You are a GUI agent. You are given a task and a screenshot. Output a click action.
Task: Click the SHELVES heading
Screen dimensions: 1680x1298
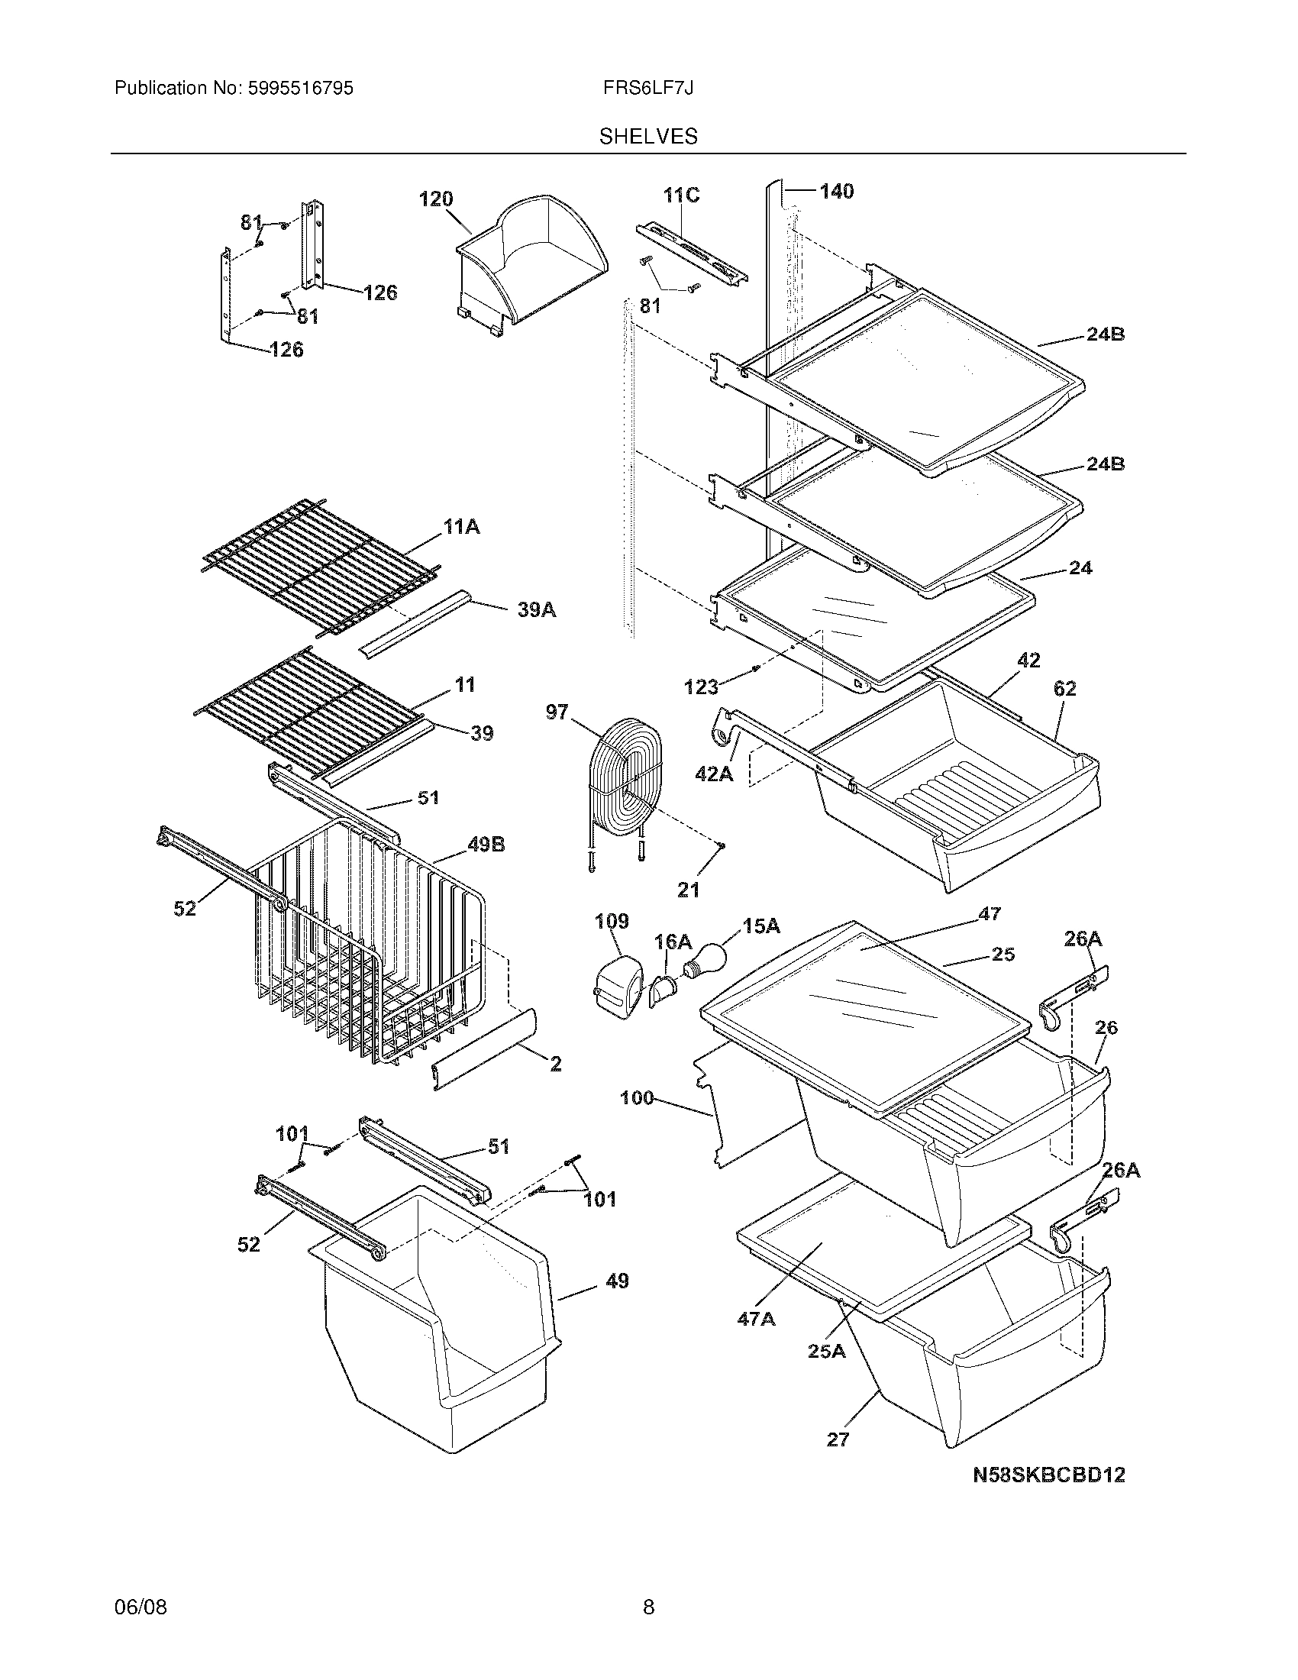coord(648,136)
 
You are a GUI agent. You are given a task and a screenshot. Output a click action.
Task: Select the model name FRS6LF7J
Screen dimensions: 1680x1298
coord(648,89)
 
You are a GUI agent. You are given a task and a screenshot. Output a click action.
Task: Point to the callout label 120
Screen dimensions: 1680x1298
coord(435,199)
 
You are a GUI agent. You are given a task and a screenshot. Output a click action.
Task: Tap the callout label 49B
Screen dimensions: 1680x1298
coord(486,845)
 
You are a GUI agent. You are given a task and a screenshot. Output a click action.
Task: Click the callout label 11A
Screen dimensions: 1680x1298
coord(461,527)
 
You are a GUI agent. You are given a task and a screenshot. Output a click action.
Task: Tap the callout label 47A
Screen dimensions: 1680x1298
coord(756,1319)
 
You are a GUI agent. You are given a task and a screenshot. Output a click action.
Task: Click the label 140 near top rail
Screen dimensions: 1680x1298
coord(836,191)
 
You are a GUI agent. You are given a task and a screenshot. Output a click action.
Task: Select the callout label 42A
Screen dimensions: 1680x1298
coord(714,773)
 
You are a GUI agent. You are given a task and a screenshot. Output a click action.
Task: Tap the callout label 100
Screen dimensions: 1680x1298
coord(637,1097)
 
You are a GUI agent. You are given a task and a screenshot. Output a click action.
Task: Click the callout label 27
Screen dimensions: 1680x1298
coord(838,1439)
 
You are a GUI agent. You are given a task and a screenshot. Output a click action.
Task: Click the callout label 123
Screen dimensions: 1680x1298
coord(700,687)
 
